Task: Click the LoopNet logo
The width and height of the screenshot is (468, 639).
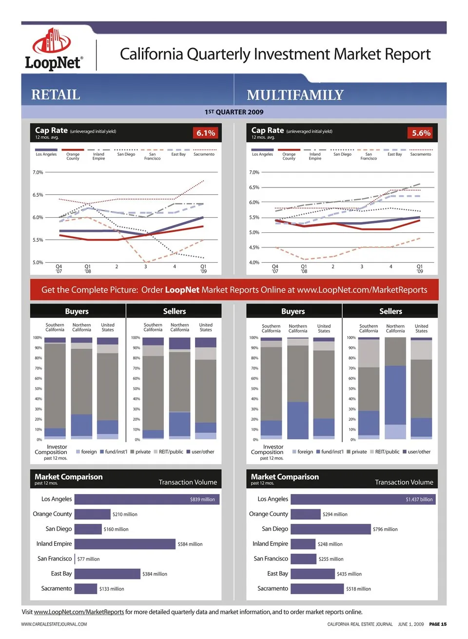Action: [x=53, y=49]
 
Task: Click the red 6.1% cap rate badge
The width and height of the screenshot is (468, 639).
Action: [x=206, y=133]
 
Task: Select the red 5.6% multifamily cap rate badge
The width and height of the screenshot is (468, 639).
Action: [x=421, y=133]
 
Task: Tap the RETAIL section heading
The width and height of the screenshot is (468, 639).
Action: [x=56, y=95]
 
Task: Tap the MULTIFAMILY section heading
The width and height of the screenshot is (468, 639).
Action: [x=295, y=95]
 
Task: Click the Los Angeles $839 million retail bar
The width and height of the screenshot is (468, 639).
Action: [x=147, y=499]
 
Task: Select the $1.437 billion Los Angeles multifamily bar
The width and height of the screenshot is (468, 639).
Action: [x=363, y=499]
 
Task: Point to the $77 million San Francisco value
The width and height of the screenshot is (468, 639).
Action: [x=88, y=559]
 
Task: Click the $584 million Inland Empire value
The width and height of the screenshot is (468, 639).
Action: [x=190, y=544]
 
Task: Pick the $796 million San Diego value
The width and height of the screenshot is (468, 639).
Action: [x=385, y=529]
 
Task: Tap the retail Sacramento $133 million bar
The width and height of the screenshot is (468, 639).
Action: [x=86, y=589]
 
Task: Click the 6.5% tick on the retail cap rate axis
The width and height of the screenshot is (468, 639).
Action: [x=38, y=195]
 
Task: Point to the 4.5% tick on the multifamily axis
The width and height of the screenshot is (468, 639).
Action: [x=254, y=247]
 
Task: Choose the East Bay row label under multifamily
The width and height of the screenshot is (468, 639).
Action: [x=277, y=574]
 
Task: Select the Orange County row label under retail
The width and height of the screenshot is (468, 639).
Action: [x=52, y=514]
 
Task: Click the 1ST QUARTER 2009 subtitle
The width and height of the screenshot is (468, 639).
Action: [x=234, y=112]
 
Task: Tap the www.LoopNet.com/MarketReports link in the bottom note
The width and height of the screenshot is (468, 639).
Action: [x=79, y=612]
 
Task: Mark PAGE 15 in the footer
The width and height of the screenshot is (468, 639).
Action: [x=437, y=624]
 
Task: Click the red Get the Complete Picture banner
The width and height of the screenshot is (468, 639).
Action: [x=234, y=290]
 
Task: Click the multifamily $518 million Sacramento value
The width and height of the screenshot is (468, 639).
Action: [x=358, y=589]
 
